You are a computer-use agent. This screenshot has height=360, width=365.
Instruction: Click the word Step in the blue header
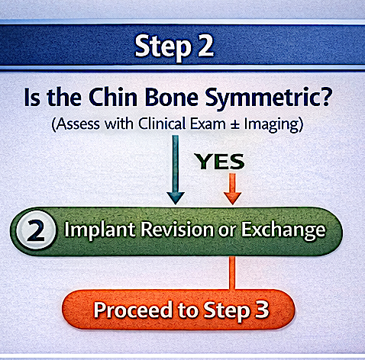tap(163, 47)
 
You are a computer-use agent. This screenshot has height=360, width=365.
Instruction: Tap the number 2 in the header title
tap(205, 46)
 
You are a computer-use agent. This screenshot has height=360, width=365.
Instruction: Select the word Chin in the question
tap(113, 98)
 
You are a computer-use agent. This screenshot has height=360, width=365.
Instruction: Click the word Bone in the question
tap(171, 98)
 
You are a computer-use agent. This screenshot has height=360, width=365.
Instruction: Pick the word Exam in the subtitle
tap(208, 124)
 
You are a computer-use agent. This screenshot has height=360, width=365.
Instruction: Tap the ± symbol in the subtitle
tap(235, 124)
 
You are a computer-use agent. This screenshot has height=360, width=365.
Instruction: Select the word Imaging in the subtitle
tap(271, 125)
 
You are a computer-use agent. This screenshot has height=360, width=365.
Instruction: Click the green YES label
tap(219, 162)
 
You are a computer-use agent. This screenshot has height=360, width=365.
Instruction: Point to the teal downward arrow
tap(176, 169)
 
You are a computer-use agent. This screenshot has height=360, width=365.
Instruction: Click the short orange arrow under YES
tap(232, 189)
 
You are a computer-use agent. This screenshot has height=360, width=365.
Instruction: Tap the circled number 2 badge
tap(36, 230)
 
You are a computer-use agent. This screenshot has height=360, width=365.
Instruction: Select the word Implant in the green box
tap(99, 230)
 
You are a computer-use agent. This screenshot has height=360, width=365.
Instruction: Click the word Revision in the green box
tap(177, 230)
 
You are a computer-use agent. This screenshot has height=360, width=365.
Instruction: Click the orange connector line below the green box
tap(232, 273)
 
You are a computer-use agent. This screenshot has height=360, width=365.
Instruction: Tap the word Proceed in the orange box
tap(134, 310)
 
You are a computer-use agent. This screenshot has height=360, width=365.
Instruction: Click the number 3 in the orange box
tap(262, 310)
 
